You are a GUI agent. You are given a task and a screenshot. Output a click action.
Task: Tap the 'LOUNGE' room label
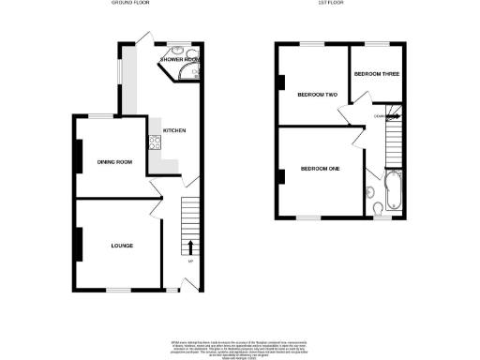[121, 246]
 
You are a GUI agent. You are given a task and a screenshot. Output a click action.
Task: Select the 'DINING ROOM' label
[114, 163]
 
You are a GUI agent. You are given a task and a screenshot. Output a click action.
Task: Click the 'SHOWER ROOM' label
[180, 60]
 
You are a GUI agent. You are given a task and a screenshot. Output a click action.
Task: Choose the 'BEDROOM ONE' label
[319, 169]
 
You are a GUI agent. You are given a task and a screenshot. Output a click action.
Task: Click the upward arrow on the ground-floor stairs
[191, 247]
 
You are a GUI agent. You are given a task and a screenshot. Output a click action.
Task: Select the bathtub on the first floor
[393, 191]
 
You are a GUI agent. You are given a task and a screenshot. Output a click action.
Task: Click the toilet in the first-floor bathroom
[374, 207]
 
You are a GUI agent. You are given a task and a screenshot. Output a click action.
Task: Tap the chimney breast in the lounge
[80, 245]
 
